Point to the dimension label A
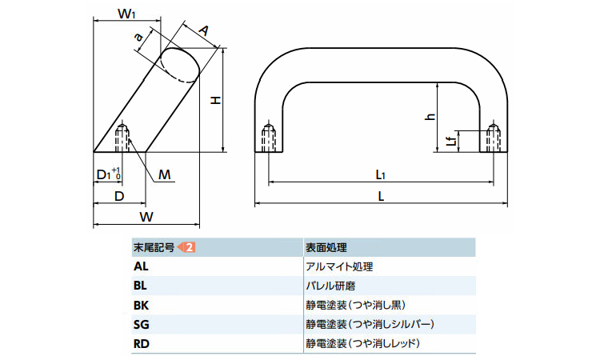click(x=203, y=30)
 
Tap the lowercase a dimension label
click(x=138, y=36)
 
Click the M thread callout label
click(x=164, y=174)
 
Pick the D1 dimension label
click(x=106, y=174)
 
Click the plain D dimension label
click(x=118, y=194)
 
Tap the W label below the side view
click(x=146, y=217)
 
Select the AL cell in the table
click(x=141, y=266)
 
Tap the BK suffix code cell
click(x=141, y=305)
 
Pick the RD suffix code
click(x=141, y=343)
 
